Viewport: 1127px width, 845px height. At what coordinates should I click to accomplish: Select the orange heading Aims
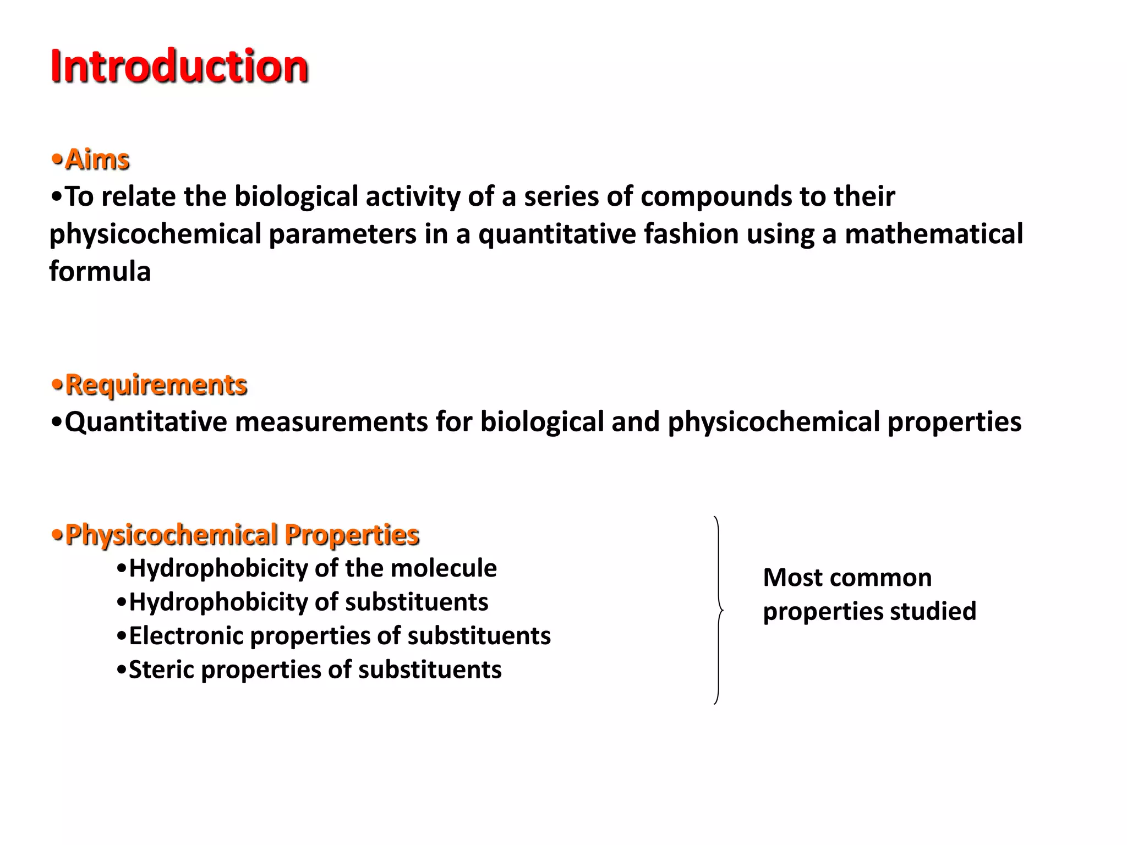pos(97,160)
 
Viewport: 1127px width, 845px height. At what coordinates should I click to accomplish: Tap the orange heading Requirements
pos(156,385)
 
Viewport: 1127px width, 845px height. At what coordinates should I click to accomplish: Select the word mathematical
pos(934,234)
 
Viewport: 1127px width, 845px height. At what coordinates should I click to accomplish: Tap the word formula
pos(100,271)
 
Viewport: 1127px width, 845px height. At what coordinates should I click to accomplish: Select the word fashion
pos(691,234)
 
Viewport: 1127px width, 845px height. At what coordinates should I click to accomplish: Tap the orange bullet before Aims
pos(57,160)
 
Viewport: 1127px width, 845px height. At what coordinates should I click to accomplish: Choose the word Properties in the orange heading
pos(352,535)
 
